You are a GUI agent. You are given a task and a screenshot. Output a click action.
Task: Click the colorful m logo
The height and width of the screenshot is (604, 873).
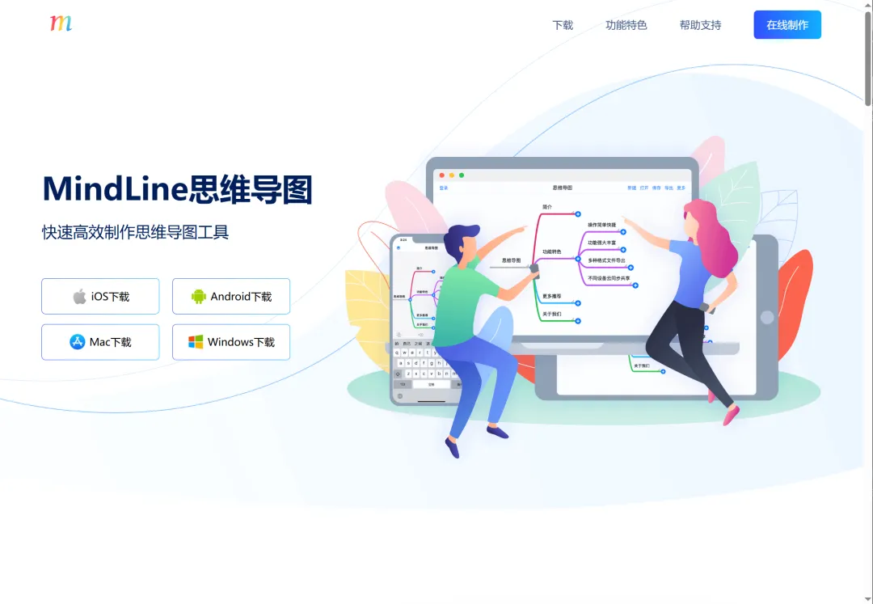[x=61, y=23]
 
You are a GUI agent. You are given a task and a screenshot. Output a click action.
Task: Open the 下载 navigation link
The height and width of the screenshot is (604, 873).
[x=563, y=25]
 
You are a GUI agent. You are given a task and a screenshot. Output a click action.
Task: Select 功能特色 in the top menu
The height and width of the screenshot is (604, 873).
[x=626, y=25]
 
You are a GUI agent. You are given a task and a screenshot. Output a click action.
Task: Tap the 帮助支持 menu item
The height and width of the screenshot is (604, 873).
[x=700, y=25]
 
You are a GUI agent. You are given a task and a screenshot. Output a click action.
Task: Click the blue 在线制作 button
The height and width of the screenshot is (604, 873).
[x=787, y=25]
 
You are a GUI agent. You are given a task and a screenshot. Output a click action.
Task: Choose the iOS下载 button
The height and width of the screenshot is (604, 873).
[x=100, y=296]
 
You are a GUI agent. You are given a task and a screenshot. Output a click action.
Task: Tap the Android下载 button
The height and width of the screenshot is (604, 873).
[x=231, y=296]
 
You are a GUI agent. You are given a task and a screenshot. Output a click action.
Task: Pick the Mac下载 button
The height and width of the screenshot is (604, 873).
[x=100, y=342]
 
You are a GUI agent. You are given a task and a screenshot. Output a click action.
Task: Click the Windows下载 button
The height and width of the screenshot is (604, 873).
[x=231, y=342]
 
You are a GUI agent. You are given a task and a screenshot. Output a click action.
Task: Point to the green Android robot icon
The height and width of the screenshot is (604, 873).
[x=199, y=297]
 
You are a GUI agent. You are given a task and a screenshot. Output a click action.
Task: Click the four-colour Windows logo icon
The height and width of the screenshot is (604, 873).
[x=196, y=342]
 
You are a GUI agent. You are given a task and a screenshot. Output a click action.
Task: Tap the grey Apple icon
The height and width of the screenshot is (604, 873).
[x=79, y=296]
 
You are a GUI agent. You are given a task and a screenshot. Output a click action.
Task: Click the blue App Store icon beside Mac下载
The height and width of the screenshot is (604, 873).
[x=78, y=342]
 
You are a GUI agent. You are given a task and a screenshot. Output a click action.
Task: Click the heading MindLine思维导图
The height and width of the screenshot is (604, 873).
[x=177, y=190]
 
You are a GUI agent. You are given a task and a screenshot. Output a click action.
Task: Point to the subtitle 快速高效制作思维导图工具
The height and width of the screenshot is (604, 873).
[x=136, y=233]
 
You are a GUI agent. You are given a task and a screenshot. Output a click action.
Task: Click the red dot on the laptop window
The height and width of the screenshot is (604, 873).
[x=442, y=175]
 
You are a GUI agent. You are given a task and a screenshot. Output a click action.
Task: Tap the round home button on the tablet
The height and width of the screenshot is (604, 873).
[x=766, y=318]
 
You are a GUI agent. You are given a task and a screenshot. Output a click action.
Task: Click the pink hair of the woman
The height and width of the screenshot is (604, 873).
[x=711, y=234]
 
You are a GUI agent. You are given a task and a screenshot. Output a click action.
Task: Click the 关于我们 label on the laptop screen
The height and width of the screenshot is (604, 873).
[x=551, y=314]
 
